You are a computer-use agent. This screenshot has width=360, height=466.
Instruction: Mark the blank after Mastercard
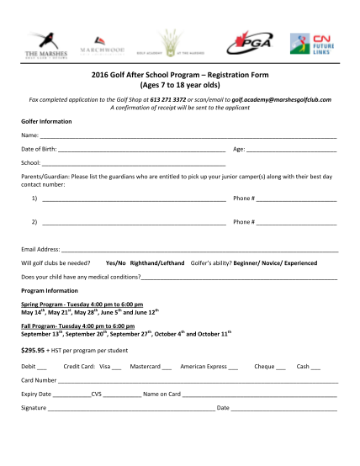pos(167,368)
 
